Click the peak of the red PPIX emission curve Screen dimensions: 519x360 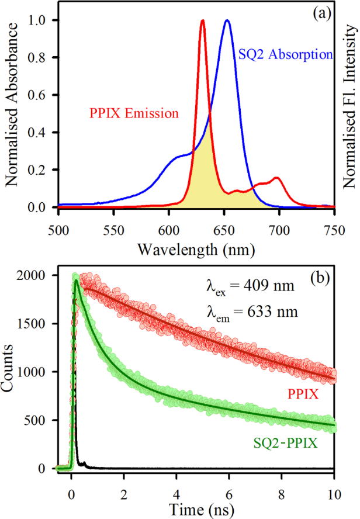[202, 21]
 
